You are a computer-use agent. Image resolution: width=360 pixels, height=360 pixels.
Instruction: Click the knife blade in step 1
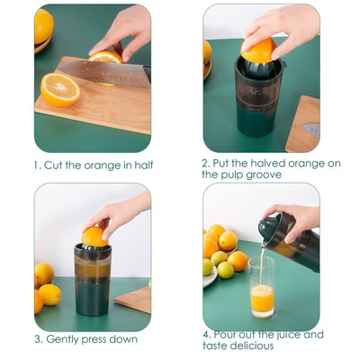99,72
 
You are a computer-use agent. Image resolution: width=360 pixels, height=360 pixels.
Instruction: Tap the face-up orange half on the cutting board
60,89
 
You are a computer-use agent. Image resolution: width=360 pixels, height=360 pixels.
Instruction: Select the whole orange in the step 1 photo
42,26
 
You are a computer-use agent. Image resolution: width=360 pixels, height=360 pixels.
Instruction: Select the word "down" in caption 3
123,339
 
